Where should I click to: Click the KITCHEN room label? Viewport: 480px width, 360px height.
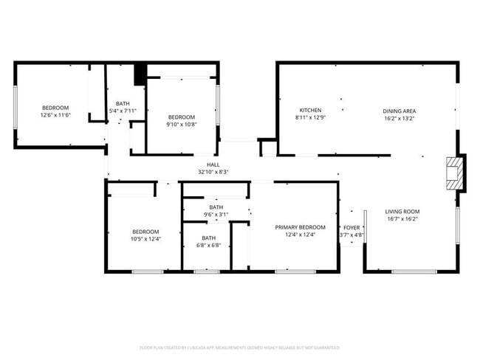pyautogui.click(x=309, y=111)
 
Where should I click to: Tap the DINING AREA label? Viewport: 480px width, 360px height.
pyautogui.click(x=399, y=111)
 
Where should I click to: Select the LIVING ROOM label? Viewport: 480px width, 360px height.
pyautogui.click(x=402, y=212)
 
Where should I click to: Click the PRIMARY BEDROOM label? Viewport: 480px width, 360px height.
pyautogui.click(x=300, y=227)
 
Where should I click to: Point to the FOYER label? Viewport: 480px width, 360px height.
pyautogui.click(x=351, y=228)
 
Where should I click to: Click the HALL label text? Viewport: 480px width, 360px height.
pyautogui.click(x=213, y=165)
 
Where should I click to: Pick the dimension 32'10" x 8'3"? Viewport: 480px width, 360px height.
pyautogui.click(x=213, y=172)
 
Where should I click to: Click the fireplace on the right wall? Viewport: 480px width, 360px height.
pyautogui.click(x=456, y=173)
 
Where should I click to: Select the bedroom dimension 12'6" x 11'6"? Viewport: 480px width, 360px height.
pyautogui.click(x=55, y=115)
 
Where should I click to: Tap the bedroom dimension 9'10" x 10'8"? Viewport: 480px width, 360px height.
pyautogui.click(x=181, y=124)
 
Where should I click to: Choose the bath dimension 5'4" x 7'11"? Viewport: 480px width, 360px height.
pyautogui.click(x=123, y=111)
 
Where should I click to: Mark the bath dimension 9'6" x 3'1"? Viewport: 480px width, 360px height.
pyautogui.click(x=216, y=215)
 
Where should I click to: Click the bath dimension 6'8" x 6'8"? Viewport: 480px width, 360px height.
pyautogui.click(x=209, y=246)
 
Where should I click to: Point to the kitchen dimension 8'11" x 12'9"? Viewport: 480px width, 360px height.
pyautogui.click(x=309, y=118)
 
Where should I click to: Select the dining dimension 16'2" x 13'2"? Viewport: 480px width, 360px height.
pyautogui.click(x=399, y=118)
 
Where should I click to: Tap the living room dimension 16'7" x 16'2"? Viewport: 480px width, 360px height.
pyautogui.click(x=402, y=219)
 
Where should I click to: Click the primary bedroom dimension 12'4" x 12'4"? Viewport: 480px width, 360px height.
pyautogui.click(x=300, y=235)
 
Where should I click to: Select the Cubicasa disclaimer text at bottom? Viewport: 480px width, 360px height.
pyautogui.click(x=239, y=347)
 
